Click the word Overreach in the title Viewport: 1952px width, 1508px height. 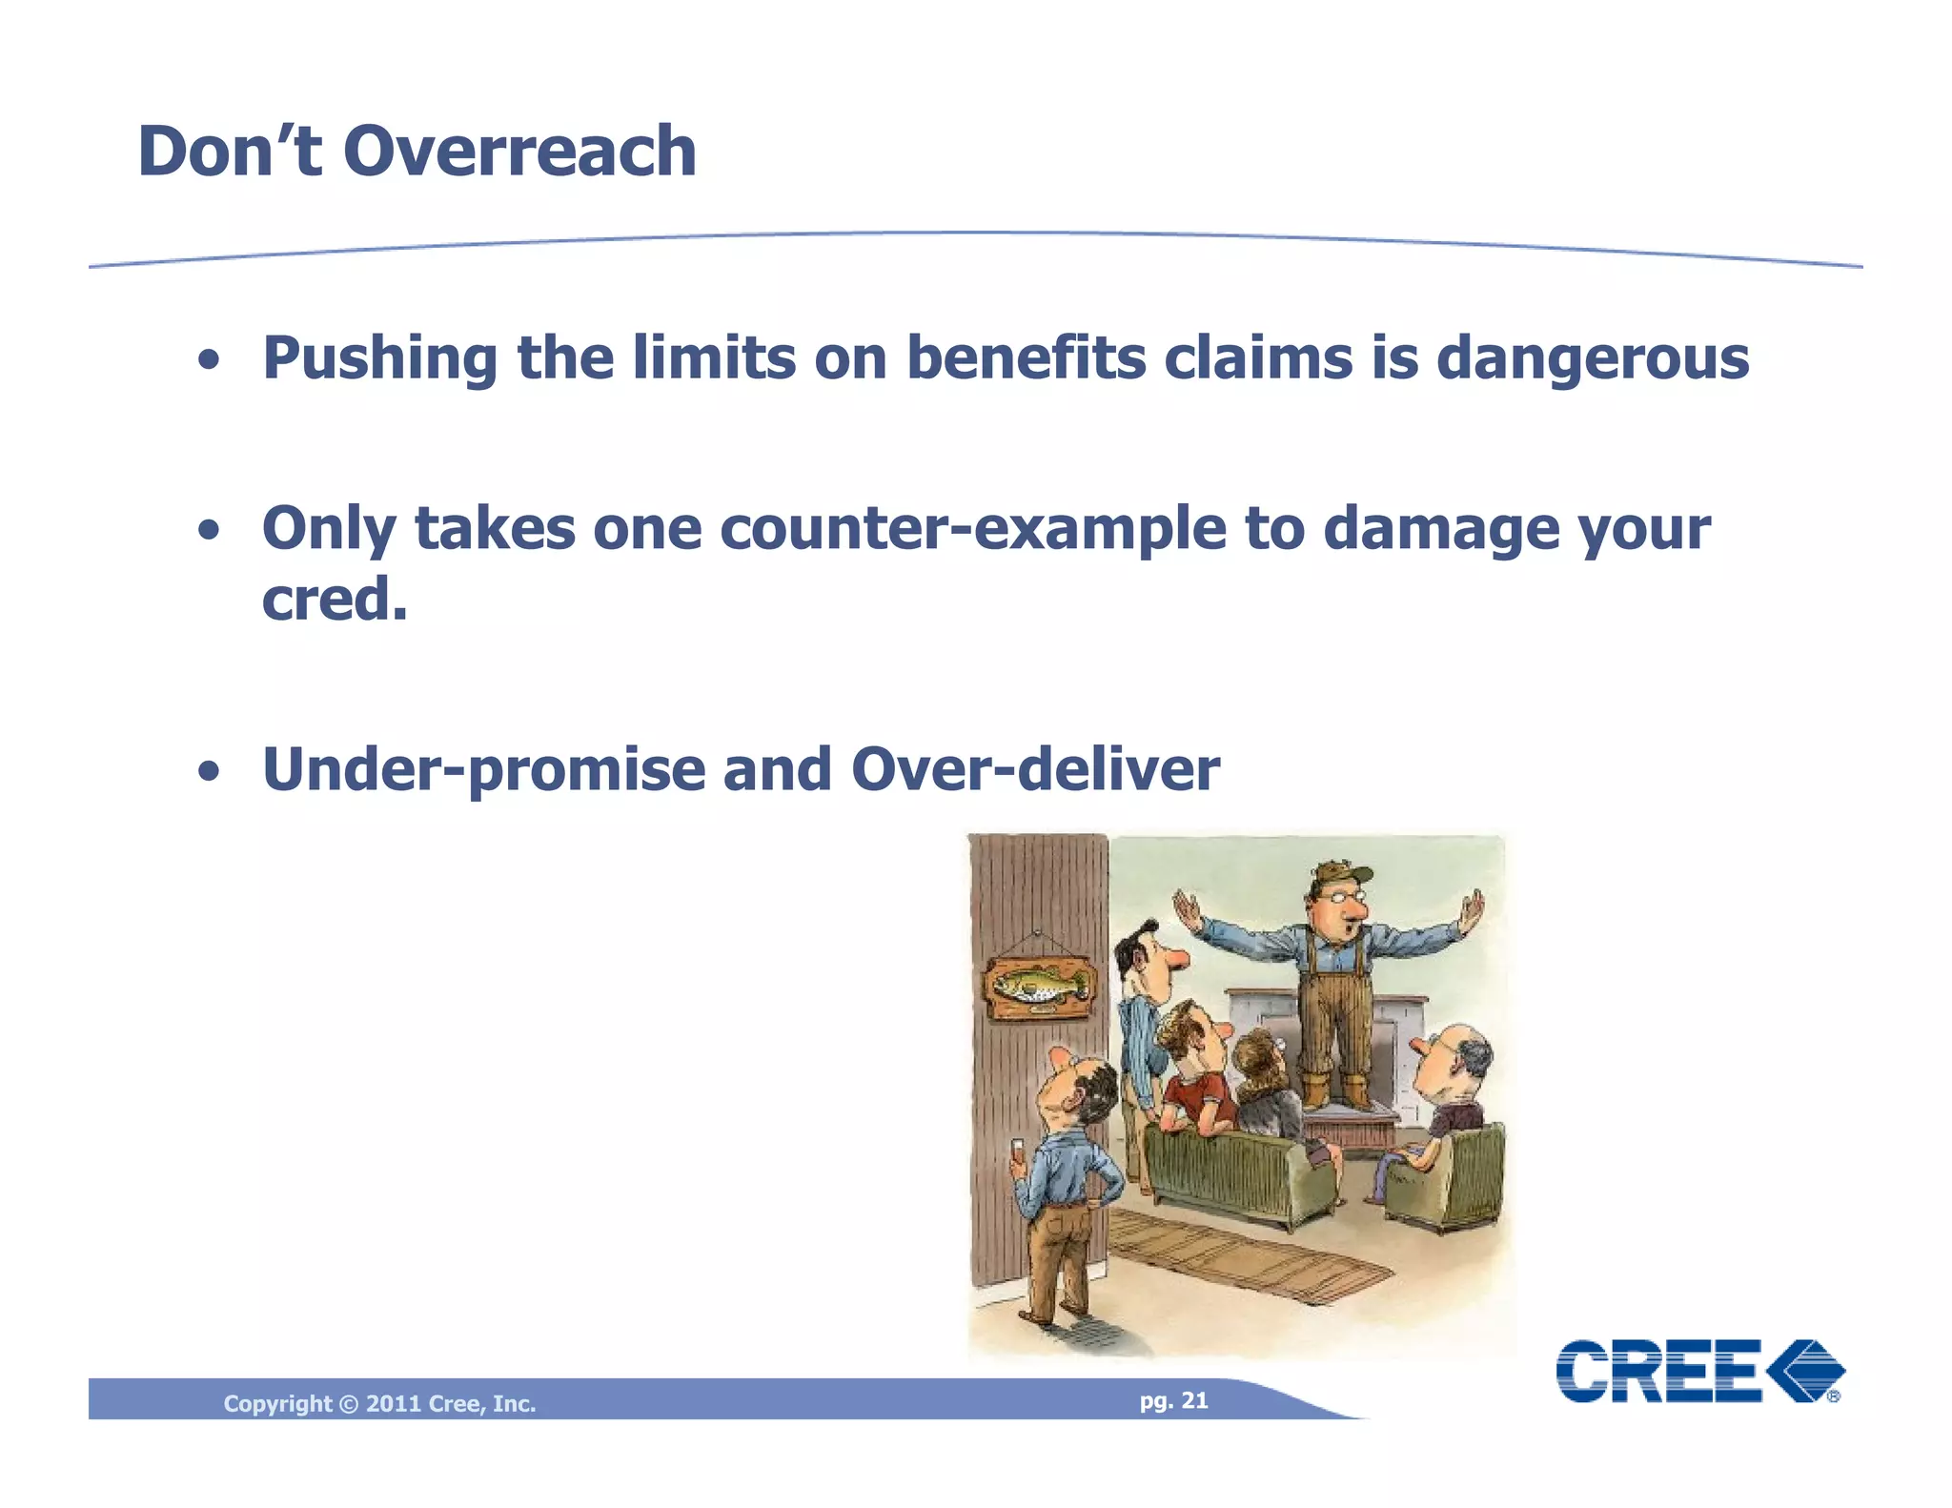(x=519, y=152)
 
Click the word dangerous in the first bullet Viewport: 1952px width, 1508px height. (x=1592, y=358)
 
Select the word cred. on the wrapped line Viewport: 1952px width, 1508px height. (x=335, y=600)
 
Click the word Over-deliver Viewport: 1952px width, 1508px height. (x=1034, y=770)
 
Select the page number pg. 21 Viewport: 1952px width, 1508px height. (x=1173, y=1400)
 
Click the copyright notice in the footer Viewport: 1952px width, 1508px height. (x=379, y=1403)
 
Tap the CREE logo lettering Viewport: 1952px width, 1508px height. (x=1658, y=1371)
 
